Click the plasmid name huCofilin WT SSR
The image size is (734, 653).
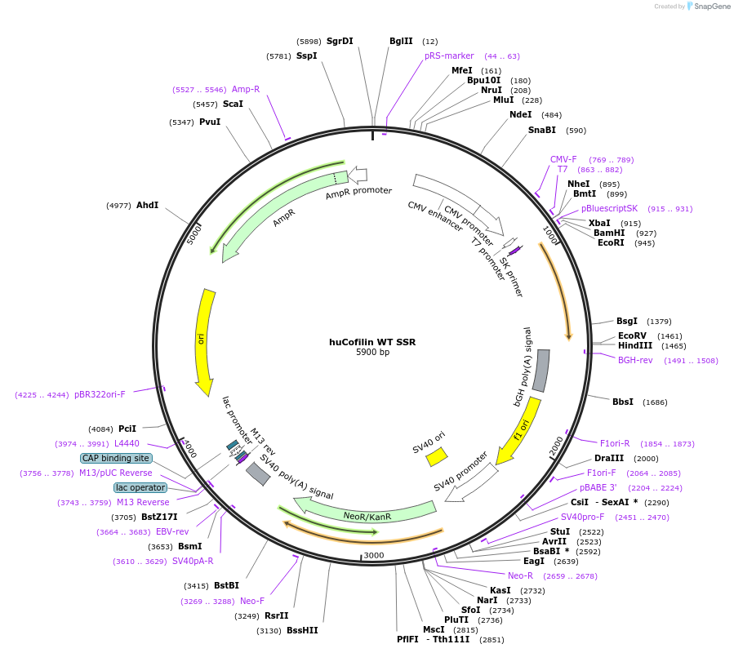coord(371,342)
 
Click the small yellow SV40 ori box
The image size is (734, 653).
coord(437,457)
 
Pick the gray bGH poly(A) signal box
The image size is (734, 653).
coord(541,371)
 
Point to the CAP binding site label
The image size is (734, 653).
coord(115,458)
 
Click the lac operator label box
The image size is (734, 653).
coord(140,487)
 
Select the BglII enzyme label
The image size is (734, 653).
coord(401,41)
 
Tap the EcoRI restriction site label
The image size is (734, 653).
coord(611,242)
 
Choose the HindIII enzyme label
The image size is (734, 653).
coord(634,346)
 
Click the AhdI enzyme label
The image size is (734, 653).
coord(148,205)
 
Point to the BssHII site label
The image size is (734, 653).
coord(302,630)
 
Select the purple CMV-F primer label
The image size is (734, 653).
coord(563,159)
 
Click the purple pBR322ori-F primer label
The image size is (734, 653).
coord(100,394)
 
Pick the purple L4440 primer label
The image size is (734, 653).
coord(127,443)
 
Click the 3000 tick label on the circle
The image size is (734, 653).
coord(373,555)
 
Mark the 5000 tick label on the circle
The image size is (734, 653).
coord(194,235)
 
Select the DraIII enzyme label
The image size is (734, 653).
coord(609,458)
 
